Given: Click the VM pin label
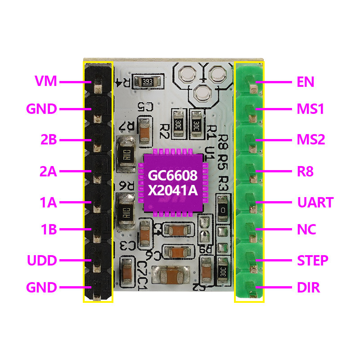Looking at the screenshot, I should point(46,81).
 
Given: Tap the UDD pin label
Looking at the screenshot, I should point(42,261).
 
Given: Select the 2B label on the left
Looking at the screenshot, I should point(48,140).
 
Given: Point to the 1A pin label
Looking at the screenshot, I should point(48,202).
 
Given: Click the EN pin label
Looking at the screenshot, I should point(306,82).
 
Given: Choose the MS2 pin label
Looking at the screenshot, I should point(311,139).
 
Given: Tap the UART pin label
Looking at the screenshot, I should point(315,202).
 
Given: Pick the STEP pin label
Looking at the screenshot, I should point(313,261).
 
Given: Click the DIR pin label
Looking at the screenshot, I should point(308,288).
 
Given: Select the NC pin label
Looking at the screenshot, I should point(306,230).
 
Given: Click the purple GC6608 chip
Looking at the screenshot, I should point(173,183).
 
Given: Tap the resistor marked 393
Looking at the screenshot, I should point(147,82).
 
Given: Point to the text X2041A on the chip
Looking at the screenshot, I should point(173,191).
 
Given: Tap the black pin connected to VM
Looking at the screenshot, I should point(98,82).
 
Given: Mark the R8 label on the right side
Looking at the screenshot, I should point(305,171).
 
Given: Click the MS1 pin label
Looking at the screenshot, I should point(311,109).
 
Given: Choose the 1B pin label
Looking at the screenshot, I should point(48,230).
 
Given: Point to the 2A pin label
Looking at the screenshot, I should point(48,171).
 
